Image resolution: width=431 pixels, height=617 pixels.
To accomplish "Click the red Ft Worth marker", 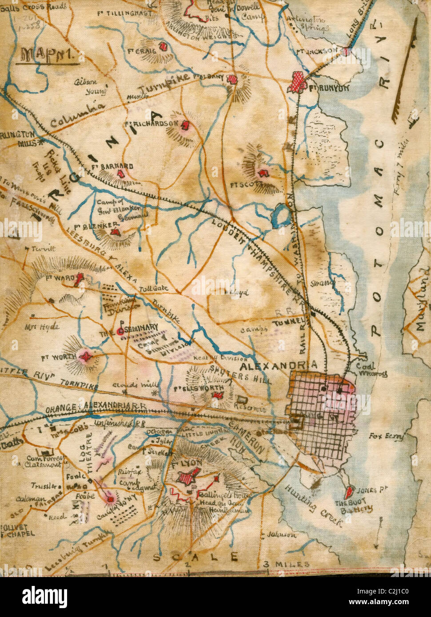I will (85, 356).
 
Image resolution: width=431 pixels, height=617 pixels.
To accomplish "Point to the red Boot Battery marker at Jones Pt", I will (349, 491).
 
